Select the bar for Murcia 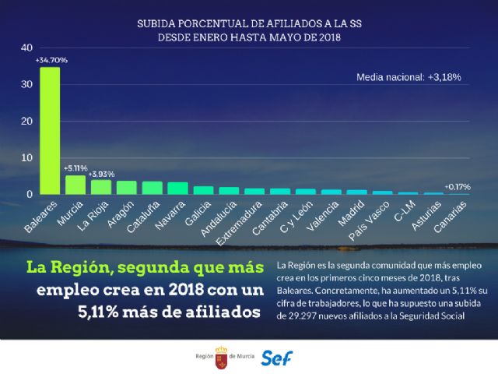click(75, 185)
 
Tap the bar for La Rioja click(101, 187)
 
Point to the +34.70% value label click(51, 60)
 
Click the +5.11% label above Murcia click(75, 168)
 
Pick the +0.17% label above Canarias click(457, 186)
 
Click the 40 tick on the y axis click(26, 48)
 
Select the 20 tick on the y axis click(26, 122)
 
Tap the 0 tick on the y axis click(29, 194)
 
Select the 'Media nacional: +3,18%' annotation click(409, 77)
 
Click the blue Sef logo click(277, 358)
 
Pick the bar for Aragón click(126, 187)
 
